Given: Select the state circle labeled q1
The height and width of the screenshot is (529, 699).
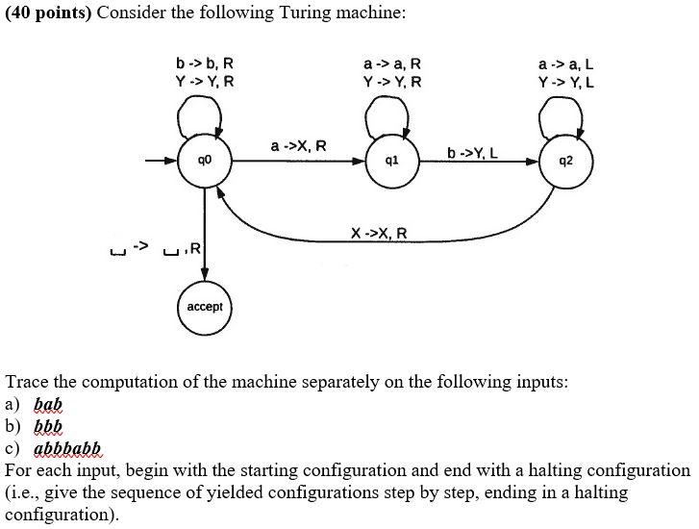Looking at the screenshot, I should click(x=390, y=163).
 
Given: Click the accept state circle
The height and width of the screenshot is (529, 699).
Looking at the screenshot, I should click(x=203, y=307).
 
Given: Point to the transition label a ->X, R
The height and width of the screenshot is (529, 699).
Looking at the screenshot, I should click(x=298, y=146).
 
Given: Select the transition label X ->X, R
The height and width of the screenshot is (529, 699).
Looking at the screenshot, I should click(x=379, y=233).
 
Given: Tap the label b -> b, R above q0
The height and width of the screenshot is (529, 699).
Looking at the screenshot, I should click(x=204, y=63).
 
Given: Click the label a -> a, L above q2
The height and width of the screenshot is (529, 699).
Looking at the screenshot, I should click(x=565, y=63).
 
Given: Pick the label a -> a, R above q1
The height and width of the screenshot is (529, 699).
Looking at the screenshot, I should click(x=392, y=63).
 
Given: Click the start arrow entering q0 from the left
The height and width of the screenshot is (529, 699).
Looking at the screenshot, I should click(x=159, y=163).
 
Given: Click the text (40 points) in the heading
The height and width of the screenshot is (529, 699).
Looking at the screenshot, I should click(x=48, y=13).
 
